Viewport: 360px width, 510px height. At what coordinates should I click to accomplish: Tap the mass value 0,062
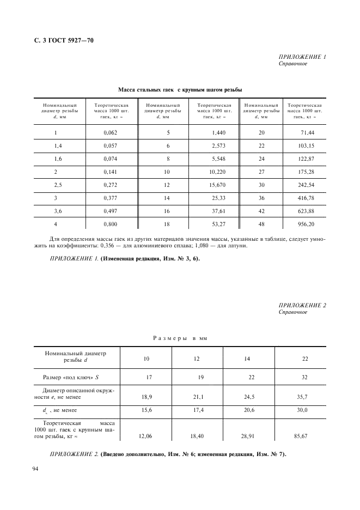click(x=110, y=133)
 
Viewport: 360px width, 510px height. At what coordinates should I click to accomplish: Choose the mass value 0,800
click(x=110, y=224)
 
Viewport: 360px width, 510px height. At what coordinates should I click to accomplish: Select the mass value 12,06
click(x=146, y=436)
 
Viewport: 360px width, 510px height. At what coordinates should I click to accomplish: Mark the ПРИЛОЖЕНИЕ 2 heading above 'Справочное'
click(x=302, y=305)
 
